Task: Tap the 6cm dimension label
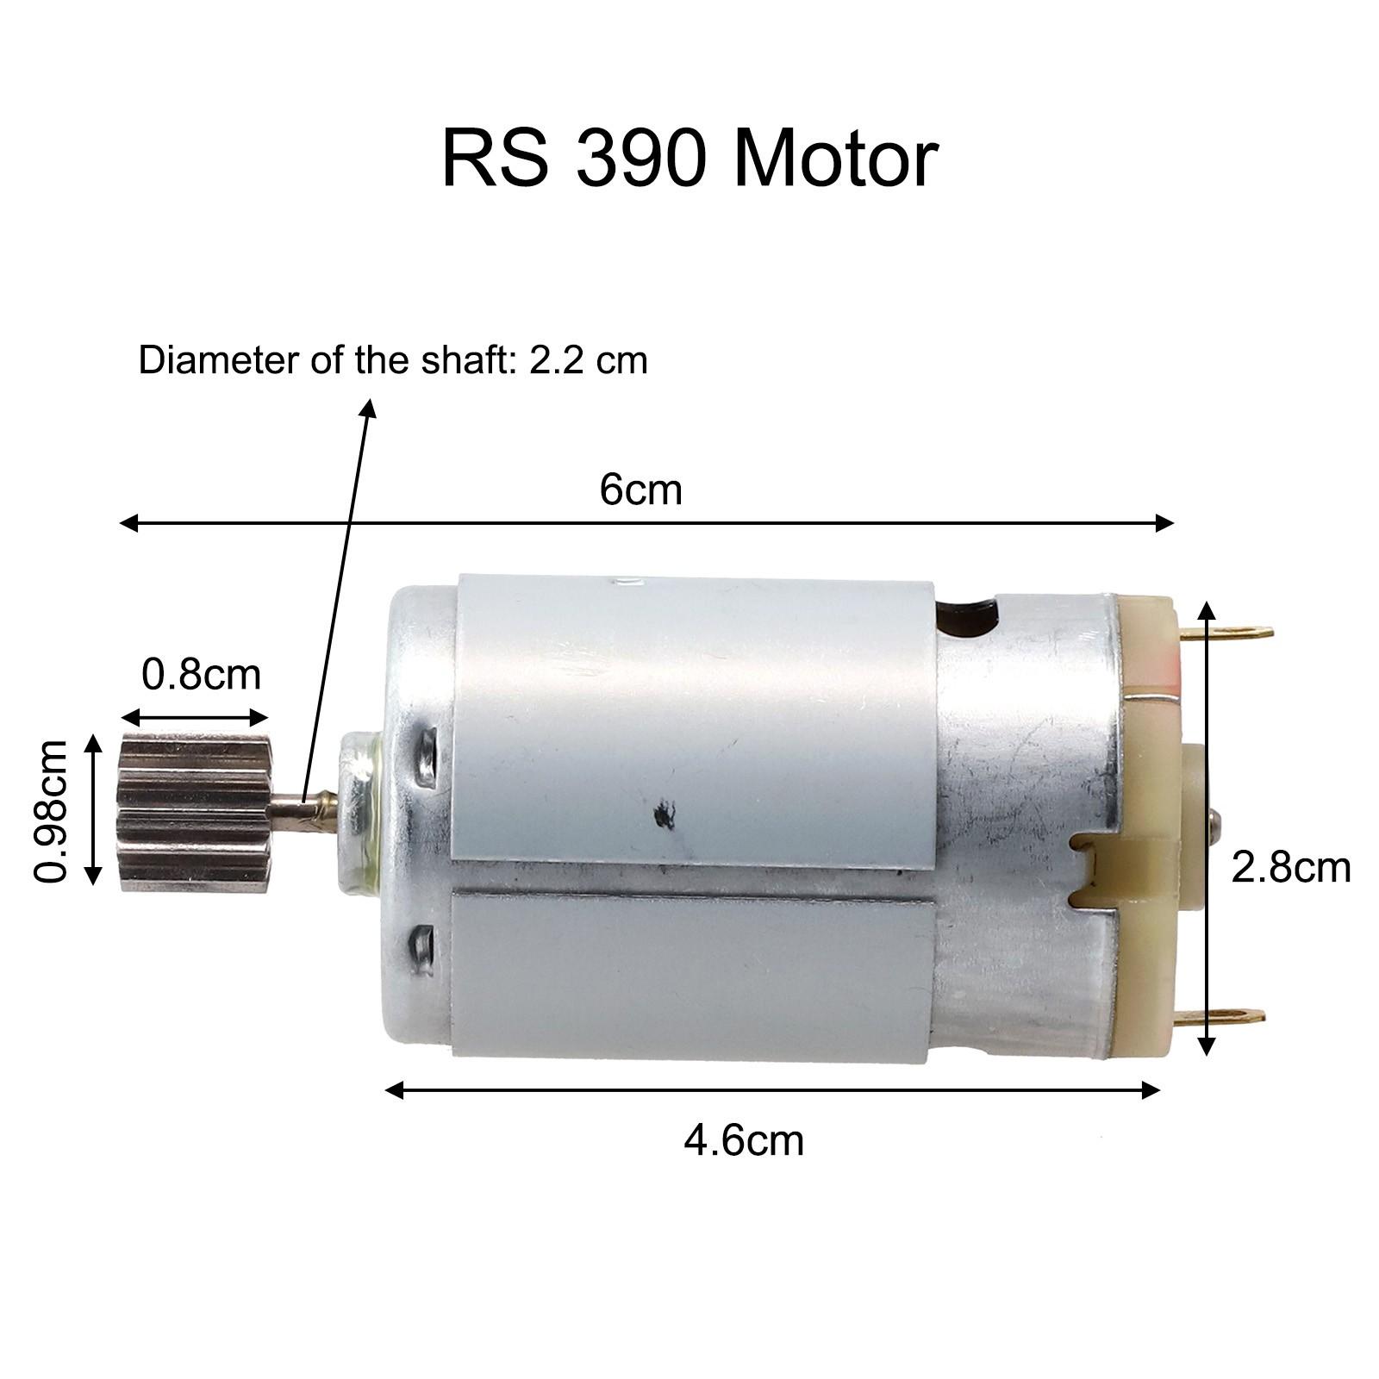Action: click(640, 490)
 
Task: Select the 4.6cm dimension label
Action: click(743, 1140)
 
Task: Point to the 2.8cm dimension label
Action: click(1289, 867)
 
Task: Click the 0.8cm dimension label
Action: click(201, 674)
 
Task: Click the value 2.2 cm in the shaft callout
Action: click(588, 359)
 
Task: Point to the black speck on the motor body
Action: click(665, 813)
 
